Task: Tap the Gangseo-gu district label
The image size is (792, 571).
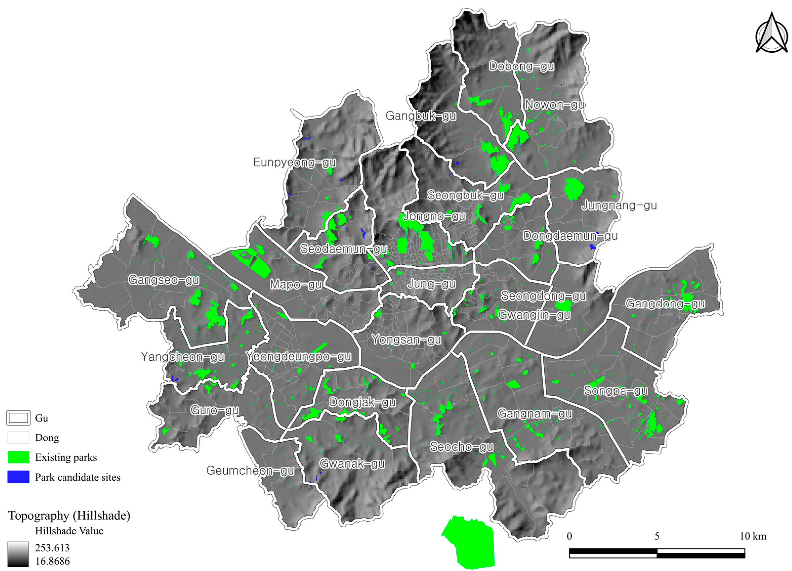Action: (164, 280)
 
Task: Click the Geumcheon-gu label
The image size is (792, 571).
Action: (250, 470)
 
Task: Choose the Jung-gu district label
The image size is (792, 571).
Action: (432, 284)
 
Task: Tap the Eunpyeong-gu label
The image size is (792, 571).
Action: (294, 162)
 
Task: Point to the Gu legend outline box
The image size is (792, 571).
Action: (18, 418)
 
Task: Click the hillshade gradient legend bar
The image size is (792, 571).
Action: (18, 554)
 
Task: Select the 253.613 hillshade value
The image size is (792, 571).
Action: (52, 548)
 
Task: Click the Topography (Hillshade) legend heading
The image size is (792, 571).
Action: (69, 515)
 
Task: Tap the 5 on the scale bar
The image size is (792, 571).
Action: (657, 536)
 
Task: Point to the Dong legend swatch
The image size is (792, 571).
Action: (18, 438)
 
